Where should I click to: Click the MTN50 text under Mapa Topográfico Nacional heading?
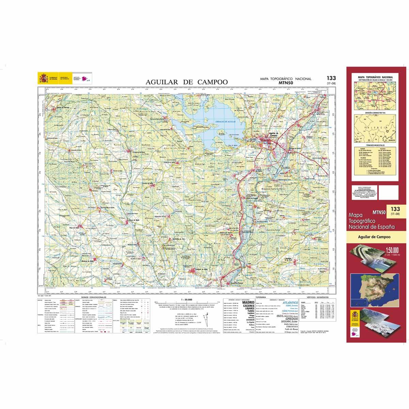285,82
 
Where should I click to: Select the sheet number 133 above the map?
331,78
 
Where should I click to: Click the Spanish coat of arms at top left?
43,79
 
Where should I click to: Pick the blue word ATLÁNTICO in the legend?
288,303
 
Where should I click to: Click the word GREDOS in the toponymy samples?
289,318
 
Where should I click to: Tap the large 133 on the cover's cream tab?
395,209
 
